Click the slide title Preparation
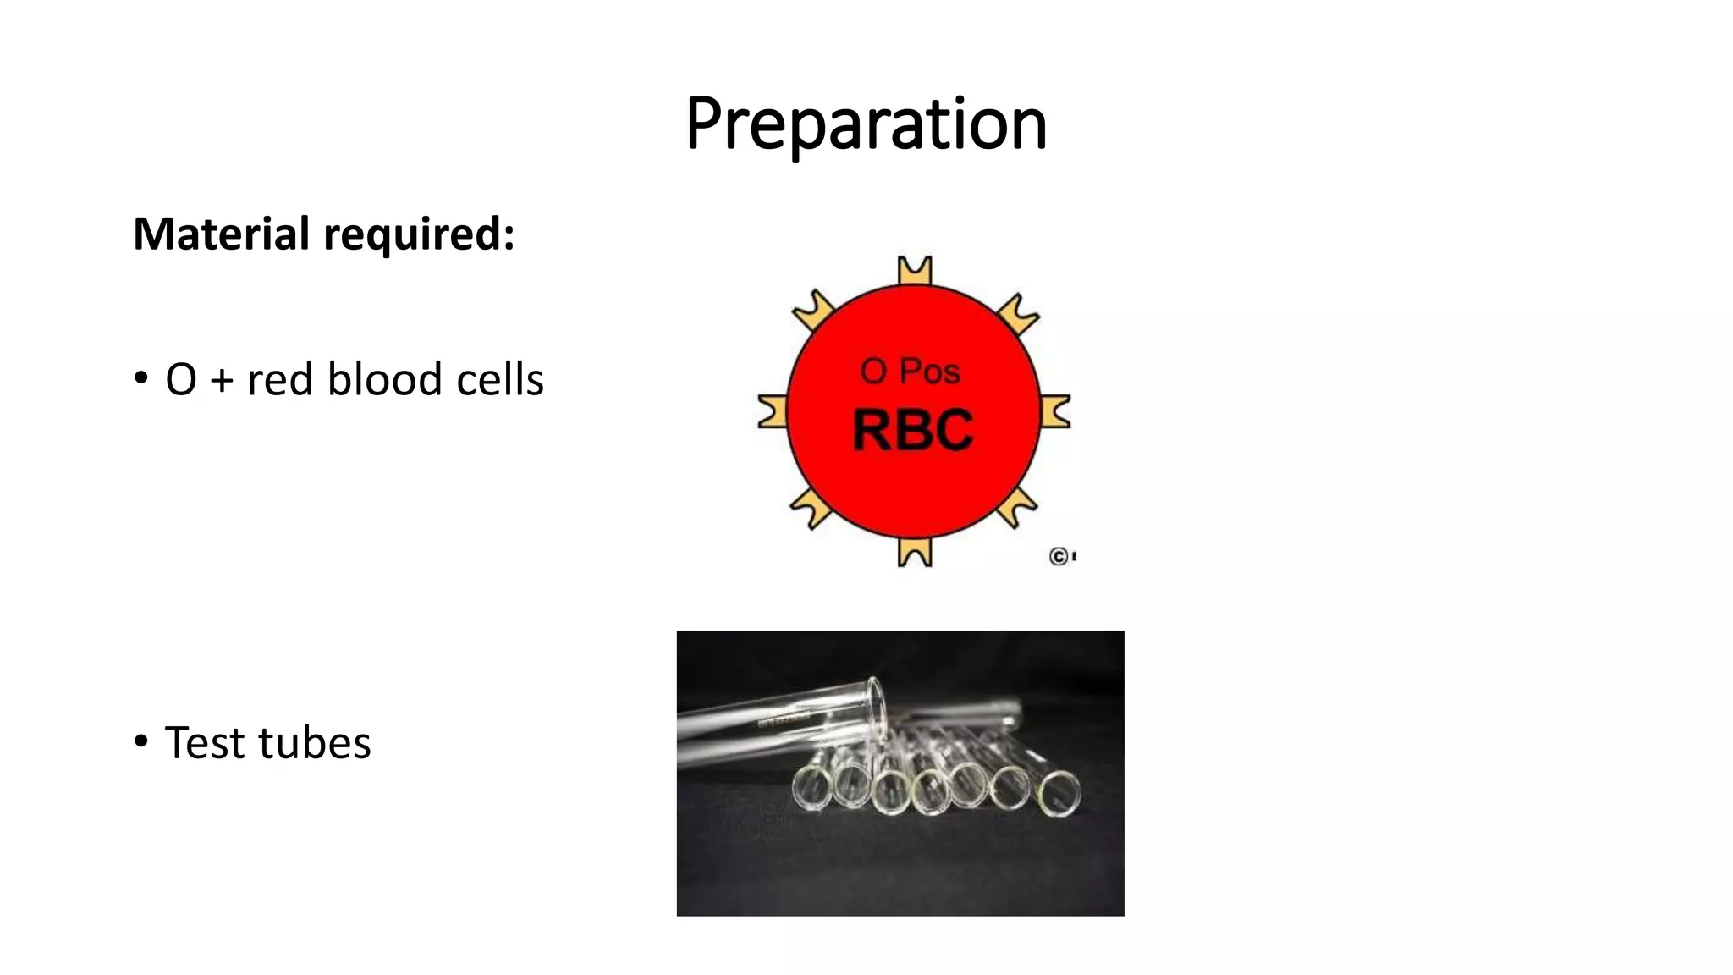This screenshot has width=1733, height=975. click(866, 124)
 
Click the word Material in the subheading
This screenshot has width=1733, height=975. click(221, 234)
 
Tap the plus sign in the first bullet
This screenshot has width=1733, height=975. click(222, 380)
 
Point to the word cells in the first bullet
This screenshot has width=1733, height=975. click(499, 379)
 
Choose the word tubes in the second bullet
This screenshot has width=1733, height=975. click(314, 743)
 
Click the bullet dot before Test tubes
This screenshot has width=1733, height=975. click(141, 741)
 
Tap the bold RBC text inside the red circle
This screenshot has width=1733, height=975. click(912, 430)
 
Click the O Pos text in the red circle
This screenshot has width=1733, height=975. click(910, 372)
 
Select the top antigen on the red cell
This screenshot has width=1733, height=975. click(914, 271)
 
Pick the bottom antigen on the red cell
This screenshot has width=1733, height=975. click(914, 552)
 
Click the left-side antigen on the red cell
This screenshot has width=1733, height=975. click(772, 411)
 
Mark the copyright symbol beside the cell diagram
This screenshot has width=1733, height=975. click(1058, 557)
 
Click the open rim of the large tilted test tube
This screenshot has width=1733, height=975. click(874, 707)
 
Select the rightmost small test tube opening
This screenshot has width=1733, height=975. click(1059, 794)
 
